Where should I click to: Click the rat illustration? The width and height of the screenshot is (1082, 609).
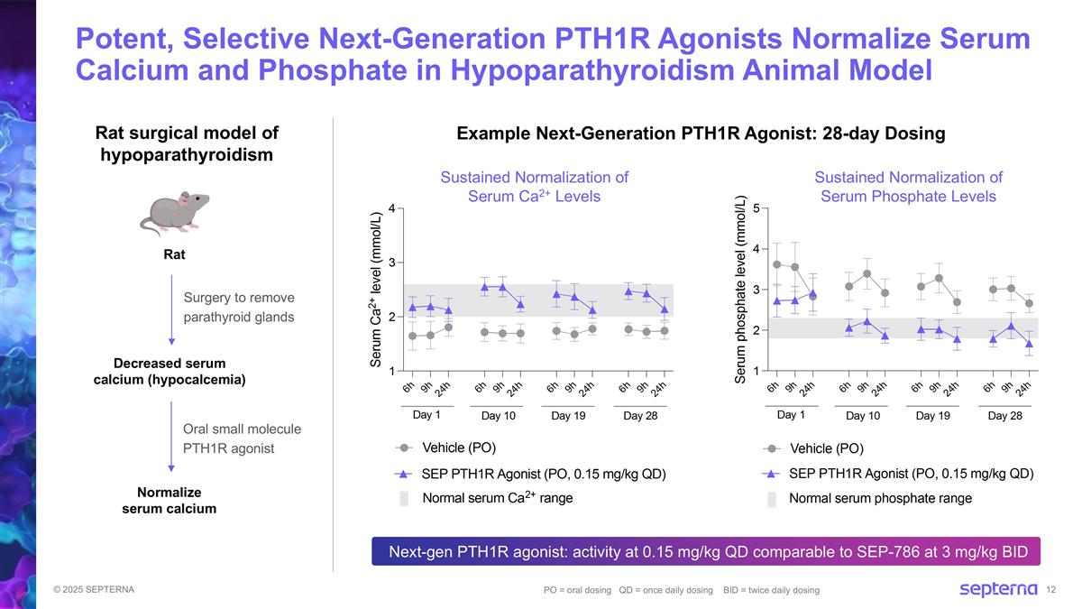[x=174, y=214]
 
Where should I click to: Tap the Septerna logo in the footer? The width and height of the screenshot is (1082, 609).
[x=998, y=589]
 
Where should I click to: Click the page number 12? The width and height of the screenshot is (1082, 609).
[x=1051, y=590]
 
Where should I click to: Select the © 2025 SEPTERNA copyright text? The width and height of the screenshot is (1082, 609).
[x=94, y=590]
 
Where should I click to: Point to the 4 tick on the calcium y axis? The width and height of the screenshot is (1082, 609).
[x=391, y=208]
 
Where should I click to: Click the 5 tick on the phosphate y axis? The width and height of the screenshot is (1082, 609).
[x=756, y=208]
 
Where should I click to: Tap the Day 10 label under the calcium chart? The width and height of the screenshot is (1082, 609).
[x=499, y=416]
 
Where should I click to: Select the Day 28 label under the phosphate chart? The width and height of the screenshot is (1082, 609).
[x=1005, y=416]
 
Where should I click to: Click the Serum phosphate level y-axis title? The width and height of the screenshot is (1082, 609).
[x=740, y=289]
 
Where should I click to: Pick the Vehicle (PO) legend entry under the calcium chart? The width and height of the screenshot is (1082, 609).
[x=445, y=448]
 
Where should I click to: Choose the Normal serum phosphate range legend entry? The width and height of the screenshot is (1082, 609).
[x=869, y=498]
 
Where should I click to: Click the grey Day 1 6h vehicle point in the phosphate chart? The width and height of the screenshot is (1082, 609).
[x=776, y=264]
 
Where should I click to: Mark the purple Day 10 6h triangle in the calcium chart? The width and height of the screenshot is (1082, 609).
[x=484, y=287]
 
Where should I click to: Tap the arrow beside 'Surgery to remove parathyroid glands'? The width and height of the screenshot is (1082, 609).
[x=171, y=309]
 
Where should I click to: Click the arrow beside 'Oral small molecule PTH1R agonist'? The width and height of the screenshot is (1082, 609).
[x=171, y=437]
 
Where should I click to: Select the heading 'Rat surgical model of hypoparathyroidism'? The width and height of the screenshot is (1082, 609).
[x=187, y=143]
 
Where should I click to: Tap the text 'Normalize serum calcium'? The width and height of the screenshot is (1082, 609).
[x=170, y=500]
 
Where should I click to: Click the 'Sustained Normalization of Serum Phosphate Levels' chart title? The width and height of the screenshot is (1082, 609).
[x=909, y=187]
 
